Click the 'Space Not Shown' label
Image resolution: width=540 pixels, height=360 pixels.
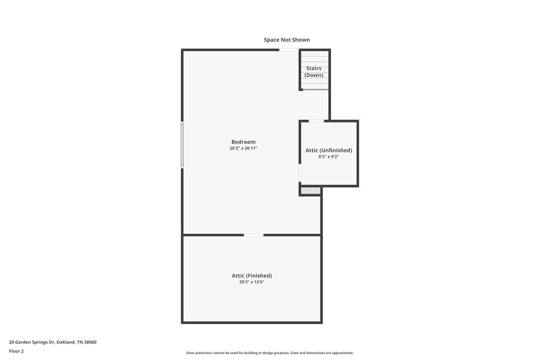pos(287,40)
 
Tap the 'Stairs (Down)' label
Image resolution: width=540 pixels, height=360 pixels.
pos(314,72)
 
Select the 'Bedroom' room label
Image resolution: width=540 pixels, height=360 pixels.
pos(244,142)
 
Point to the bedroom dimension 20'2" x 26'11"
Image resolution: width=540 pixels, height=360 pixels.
pos(244,148)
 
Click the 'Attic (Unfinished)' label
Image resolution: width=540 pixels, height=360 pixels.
pos(329,150)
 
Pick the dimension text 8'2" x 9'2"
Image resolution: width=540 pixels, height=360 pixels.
pos(328,157)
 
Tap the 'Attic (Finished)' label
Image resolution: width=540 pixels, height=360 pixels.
pos(252,276)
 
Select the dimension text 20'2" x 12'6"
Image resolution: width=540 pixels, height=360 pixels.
pos(252,282)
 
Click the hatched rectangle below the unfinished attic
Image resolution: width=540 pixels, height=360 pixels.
pos(310,191)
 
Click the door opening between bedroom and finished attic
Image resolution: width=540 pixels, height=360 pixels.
pos(253,235)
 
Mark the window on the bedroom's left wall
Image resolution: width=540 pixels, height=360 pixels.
pos(183,145)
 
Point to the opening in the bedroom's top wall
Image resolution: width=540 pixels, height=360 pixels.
pos(289,50)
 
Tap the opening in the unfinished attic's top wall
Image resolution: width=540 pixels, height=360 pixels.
pos(316,121)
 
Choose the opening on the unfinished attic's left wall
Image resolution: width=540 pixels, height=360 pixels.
pos(300,173)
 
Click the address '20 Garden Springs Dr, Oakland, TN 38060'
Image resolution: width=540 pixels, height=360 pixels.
pos(52,342)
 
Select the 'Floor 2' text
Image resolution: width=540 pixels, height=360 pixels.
pos(16,351)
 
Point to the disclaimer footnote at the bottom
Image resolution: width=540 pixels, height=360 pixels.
pos(270,353)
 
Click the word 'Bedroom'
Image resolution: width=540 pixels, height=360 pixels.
pos(244,142)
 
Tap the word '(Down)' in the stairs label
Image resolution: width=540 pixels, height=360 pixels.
pos(314,75)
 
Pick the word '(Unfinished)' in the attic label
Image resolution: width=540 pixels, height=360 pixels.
pos(336,150)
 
